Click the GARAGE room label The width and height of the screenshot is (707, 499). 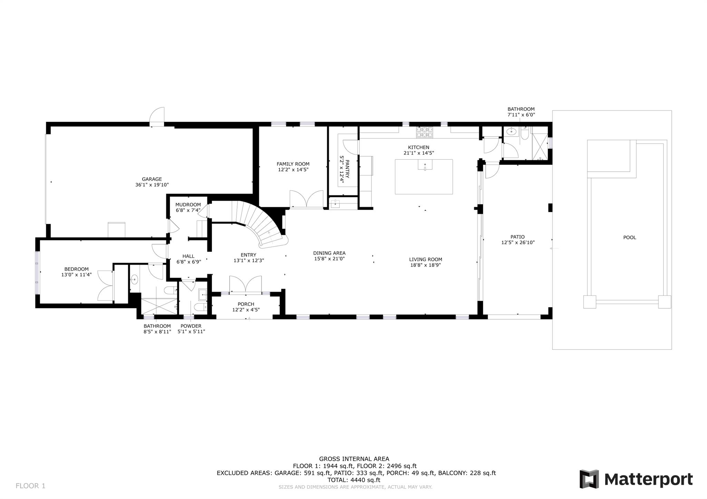[152, 179]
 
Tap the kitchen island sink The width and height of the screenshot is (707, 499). [425, 166]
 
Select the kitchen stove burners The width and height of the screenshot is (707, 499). [425, 132]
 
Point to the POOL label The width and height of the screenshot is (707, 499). [629, 238]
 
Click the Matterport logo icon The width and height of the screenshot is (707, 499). [589, 479]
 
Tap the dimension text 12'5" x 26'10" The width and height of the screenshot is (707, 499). [518, 242]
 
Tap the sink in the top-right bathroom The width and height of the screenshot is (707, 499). [511, 132]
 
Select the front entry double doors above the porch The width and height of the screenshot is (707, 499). [245, 284]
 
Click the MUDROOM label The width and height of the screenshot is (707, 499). [188, 204]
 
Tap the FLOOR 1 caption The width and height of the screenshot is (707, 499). [30, 486]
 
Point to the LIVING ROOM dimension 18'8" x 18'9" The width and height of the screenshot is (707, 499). [425, 265]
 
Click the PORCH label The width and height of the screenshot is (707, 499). [246, 304]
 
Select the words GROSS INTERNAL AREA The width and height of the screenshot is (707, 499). [354, 459]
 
